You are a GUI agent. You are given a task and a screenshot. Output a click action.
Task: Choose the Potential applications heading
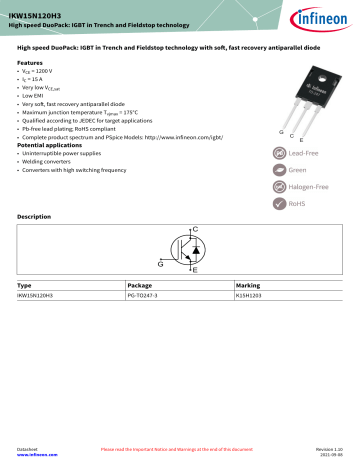tap(51, 146)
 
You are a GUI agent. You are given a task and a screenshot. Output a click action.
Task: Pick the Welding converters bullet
tap(51, 162)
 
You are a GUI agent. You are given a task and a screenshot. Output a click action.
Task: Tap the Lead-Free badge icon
tap(267, 154)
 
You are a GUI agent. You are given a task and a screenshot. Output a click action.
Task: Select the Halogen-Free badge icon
tap(267, 187)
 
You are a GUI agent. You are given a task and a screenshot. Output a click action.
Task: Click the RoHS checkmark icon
tap(267, 203)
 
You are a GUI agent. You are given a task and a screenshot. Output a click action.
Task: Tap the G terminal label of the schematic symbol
tap(160, 262)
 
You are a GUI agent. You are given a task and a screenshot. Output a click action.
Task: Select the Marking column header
tap(246, 285)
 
